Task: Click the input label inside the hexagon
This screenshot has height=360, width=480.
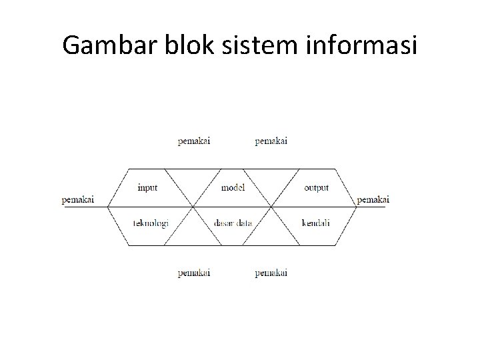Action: tap(147, 188)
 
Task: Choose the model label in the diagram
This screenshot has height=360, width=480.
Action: tap(233, 188)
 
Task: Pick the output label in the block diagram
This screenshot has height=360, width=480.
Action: tap(317, 188)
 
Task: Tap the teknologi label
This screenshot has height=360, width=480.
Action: tap(150, 223)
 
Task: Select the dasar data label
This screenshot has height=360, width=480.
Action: tap(233, 223)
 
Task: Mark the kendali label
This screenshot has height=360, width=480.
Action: tap(316, 223)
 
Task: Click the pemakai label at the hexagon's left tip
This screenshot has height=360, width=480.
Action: tap(78, 199)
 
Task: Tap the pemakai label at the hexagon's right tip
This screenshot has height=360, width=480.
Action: tap(373, 199)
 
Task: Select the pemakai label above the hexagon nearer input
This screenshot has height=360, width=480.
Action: tap(194, 141)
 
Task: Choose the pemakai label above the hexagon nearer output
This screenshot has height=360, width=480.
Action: tap(271, 141)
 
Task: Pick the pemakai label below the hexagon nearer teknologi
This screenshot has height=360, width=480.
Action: tap(194, 273)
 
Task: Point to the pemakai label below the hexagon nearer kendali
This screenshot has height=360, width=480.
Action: tap(271, 273)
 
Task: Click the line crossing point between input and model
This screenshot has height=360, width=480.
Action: tap(193, 207)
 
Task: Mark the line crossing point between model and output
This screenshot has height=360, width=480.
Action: tap(272, 207)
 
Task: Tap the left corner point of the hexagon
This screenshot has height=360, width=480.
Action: tap(107, 207)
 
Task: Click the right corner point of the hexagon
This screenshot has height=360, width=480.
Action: tap(357, 207)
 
